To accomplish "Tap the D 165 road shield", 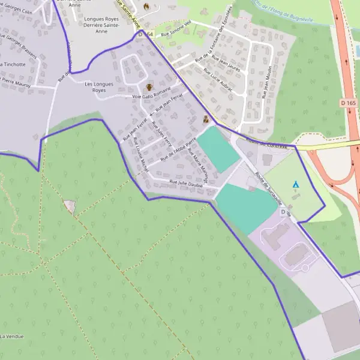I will [351, 103].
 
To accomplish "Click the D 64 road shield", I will [145, 35].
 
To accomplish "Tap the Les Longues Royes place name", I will [99, 87].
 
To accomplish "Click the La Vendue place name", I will [12, 336].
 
